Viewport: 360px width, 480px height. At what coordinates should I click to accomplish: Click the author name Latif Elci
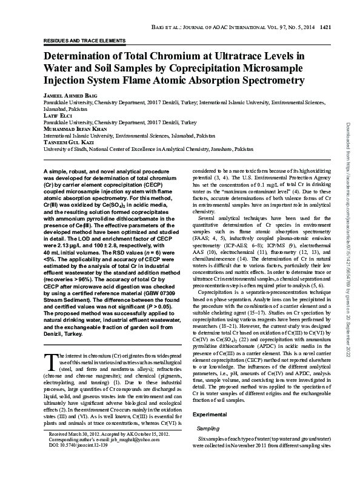56,115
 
